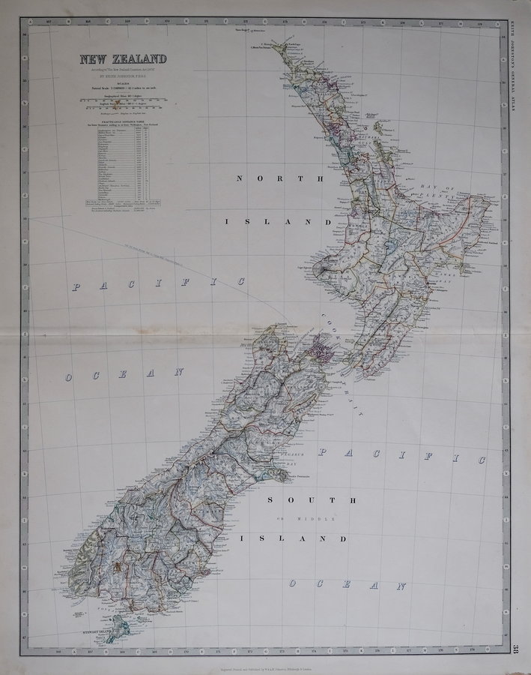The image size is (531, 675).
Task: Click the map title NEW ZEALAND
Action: tap(119, 59)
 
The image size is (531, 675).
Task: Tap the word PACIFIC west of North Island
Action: tap(159, 283)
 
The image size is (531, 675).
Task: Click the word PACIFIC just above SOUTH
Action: tap(397, 454)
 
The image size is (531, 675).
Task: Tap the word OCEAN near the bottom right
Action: tap(348, 585)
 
